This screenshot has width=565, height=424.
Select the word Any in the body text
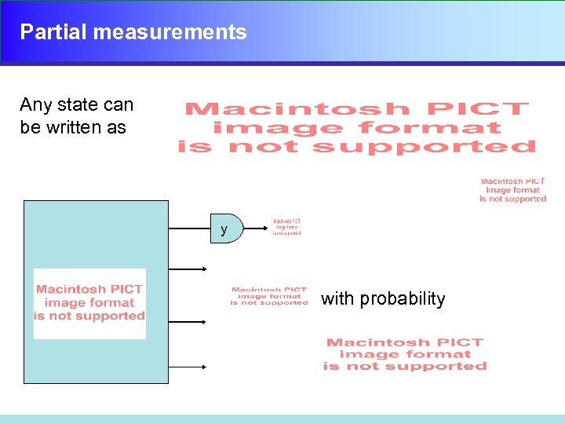point(35,105)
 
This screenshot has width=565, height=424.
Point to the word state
point(78,105)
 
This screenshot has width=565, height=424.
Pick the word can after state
point(118,105)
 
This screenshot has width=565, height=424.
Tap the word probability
point(402,299)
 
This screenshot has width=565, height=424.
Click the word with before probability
point(337,299)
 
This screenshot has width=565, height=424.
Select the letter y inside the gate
point(224,230)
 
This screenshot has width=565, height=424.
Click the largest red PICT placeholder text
point(357,128)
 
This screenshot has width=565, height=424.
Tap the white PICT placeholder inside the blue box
point(89,303)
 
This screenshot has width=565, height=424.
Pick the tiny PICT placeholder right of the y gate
point(286,228)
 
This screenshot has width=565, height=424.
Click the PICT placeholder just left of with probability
point(269,296)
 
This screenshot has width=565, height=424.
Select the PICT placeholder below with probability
point(405,354)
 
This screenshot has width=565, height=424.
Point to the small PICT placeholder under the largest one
point(513,190)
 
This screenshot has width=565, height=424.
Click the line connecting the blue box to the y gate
point(191,229)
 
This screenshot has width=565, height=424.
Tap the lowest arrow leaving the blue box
point(188,367)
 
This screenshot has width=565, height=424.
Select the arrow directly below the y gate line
point(188,269)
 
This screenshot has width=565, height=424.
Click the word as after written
point(116,127)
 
